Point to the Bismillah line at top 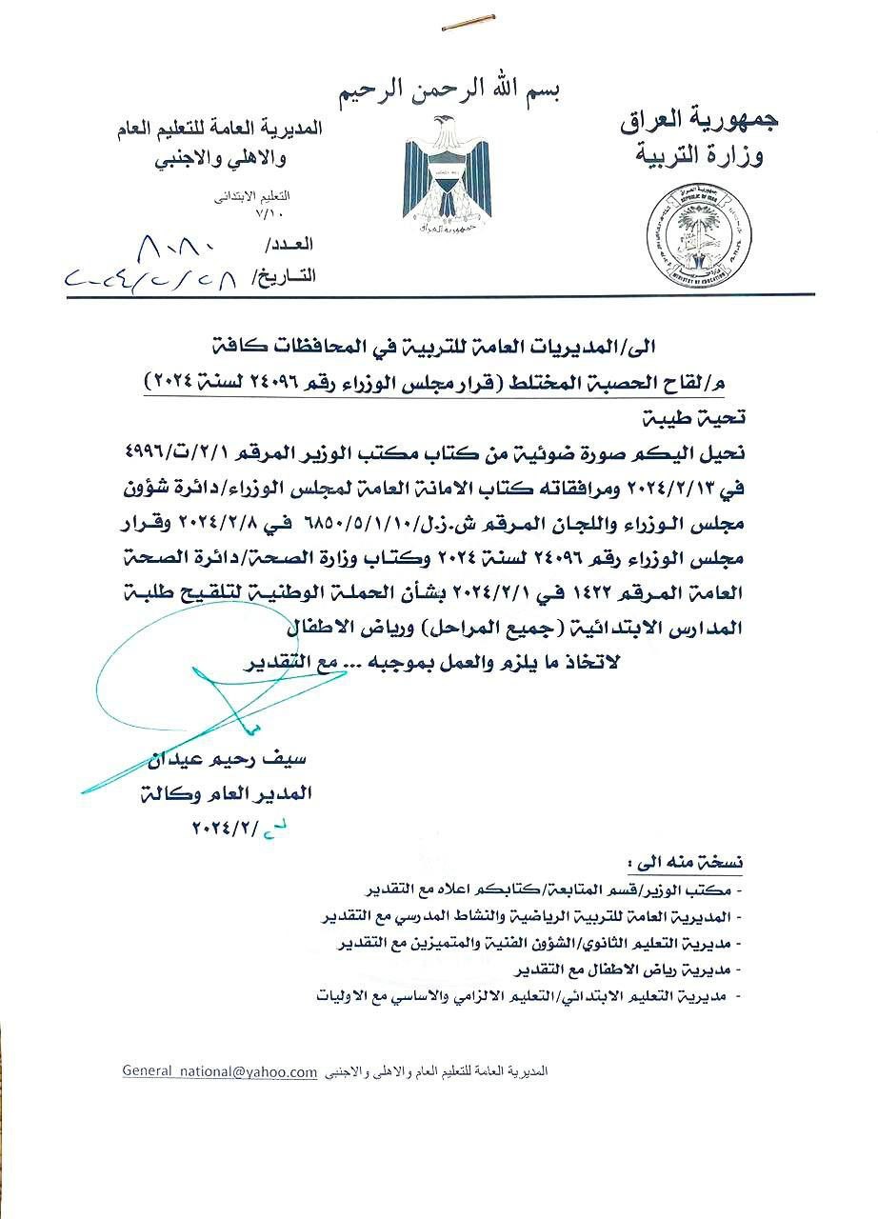(x=450, y=90)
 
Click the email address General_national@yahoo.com (x=219, y=1071)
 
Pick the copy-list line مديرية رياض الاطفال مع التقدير (x=632, y=970)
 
